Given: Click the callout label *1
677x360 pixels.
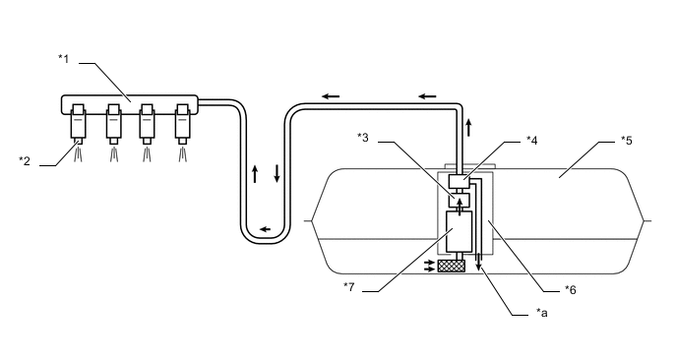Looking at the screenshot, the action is coord(63,59).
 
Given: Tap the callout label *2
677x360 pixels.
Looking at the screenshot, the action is coord(25,161).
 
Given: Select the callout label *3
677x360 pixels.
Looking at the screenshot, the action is coord(363,138).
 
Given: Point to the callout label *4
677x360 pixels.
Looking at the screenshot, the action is coord(532,141).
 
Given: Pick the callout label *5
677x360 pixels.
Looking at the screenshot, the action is coord(627,141).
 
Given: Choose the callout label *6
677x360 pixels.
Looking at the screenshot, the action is coord(571,289).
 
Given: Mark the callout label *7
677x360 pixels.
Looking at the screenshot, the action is coord(349,286).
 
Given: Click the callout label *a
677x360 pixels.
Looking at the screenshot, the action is coord(542,313).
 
